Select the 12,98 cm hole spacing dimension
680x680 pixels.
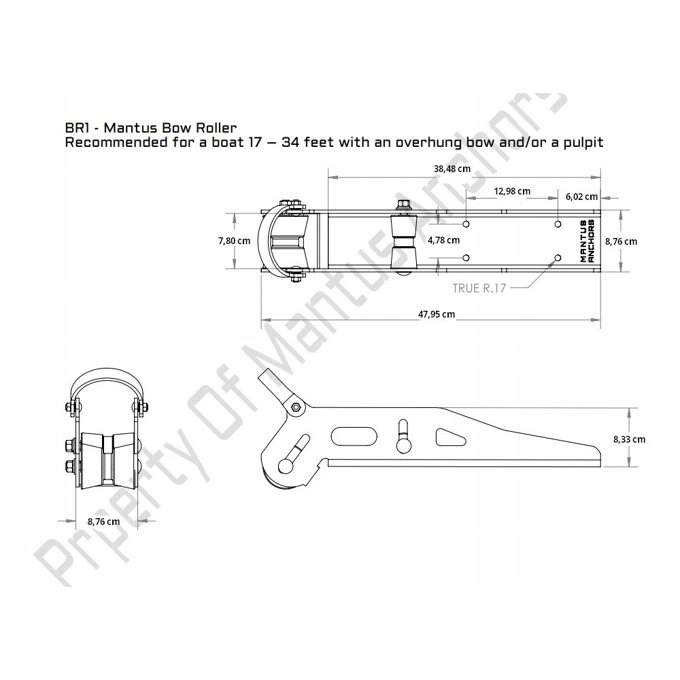[512, 191]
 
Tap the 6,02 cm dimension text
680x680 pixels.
[581, 197]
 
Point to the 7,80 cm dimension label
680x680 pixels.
[234, 241]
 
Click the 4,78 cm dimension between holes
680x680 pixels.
[443, 240]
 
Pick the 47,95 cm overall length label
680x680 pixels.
[436, 313]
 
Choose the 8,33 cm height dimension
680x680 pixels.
[629, 439]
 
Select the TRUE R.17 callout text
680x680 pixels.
[479, 288]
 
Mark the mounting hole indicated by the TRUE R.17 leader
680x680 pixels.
[558, 258]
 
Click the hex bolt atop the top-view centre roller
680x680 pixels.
[403, 203]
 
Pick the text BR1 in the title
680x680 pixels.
[75, 127]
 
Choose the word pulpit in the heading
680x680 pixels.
[583, 143]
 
